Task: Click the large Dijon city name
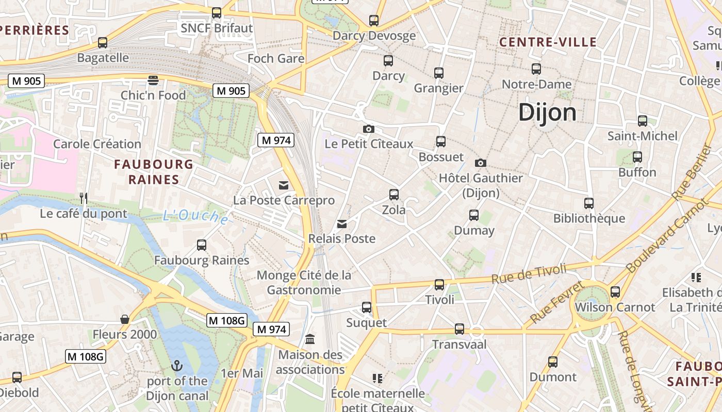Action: click(547, 112)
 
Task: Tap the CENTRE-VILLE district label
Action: click(548, 42)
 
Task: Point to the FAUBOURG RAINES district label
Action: click(153, 172)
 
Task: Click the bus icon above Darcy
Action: click(388, 61)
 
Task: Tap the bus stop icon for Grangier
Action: click(439, 73)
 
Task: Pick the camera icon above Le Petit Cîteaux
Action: click(368, 129)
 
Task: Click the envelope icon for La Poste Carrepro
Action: click(283, 185)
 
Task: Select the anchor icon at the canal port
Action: click(177, 366)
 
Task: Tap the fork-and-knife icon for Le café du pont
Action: click(84, 198)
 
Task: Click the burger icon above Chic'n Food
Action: click(153, 80)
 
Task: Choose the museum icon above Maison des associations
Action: click(310, 339)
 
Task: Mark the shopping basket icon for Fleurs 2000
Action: click(124, 320)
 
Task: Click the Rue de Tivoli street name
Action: click(529, 273)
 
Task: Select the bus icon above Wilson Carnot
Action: click(615, 292)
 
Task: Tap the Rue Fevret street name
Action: click(557, 302)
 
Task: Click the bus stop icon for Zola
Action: click(394, 195)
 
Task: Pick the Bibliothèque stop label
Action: click(589, 218)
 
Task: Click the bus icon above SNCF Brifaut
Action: click(217, 13)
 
